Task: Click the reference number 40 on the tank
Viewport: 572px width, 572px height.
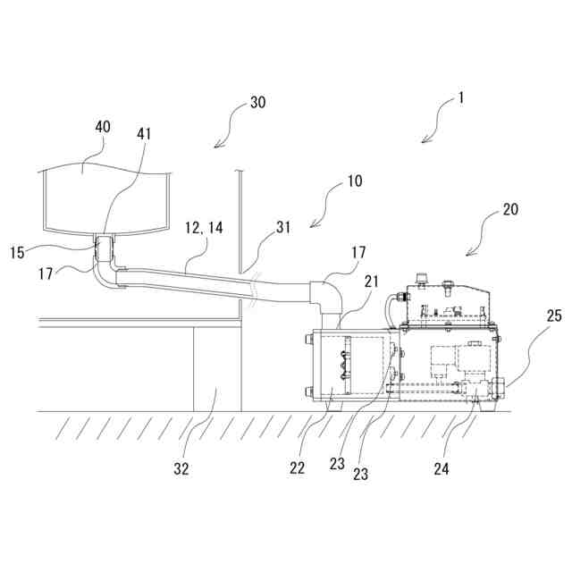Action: (102, 127)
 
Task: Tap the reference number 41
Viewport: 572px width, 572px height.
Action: (145, 134)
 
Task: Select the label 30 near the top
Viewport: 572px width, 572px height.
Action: (257, 102)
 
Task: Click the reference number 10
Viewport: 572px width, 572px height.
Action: (355, 181)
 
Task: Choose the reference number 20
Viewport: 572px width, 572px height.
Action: (510, 210)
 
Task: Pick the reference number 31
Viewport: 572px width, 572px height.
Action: (284, 227)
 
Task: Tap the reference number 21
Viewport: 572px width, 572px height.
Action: (371, 282)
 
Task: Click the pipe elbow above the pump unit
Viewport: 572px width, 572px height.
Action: (326, 297)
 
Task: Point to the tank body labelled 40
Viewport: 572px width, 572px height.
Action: (105, 197)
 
